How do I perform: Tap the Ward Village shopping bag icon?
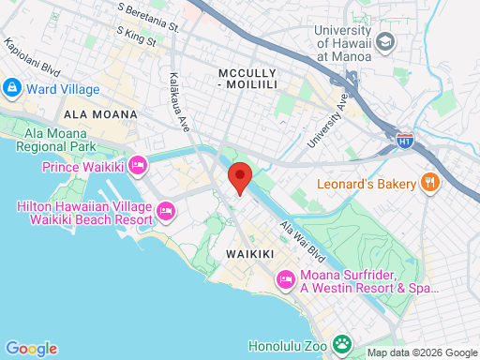tap(12, 89)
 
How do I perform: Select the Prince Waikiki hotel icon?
tap(138, 167)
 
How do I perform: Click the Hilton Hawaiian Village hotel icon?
tap(166, 209)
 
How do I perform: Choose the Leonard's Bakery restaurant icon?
tap(430, 182)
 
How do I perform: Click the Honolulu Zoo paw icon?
tap(344, 345)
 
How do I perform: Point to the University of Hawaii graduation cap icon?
tap(385, 43)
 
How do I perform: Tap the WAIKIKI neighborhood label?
tap(249, 254)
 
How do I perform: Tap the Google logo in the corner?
tap(31, 349)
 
